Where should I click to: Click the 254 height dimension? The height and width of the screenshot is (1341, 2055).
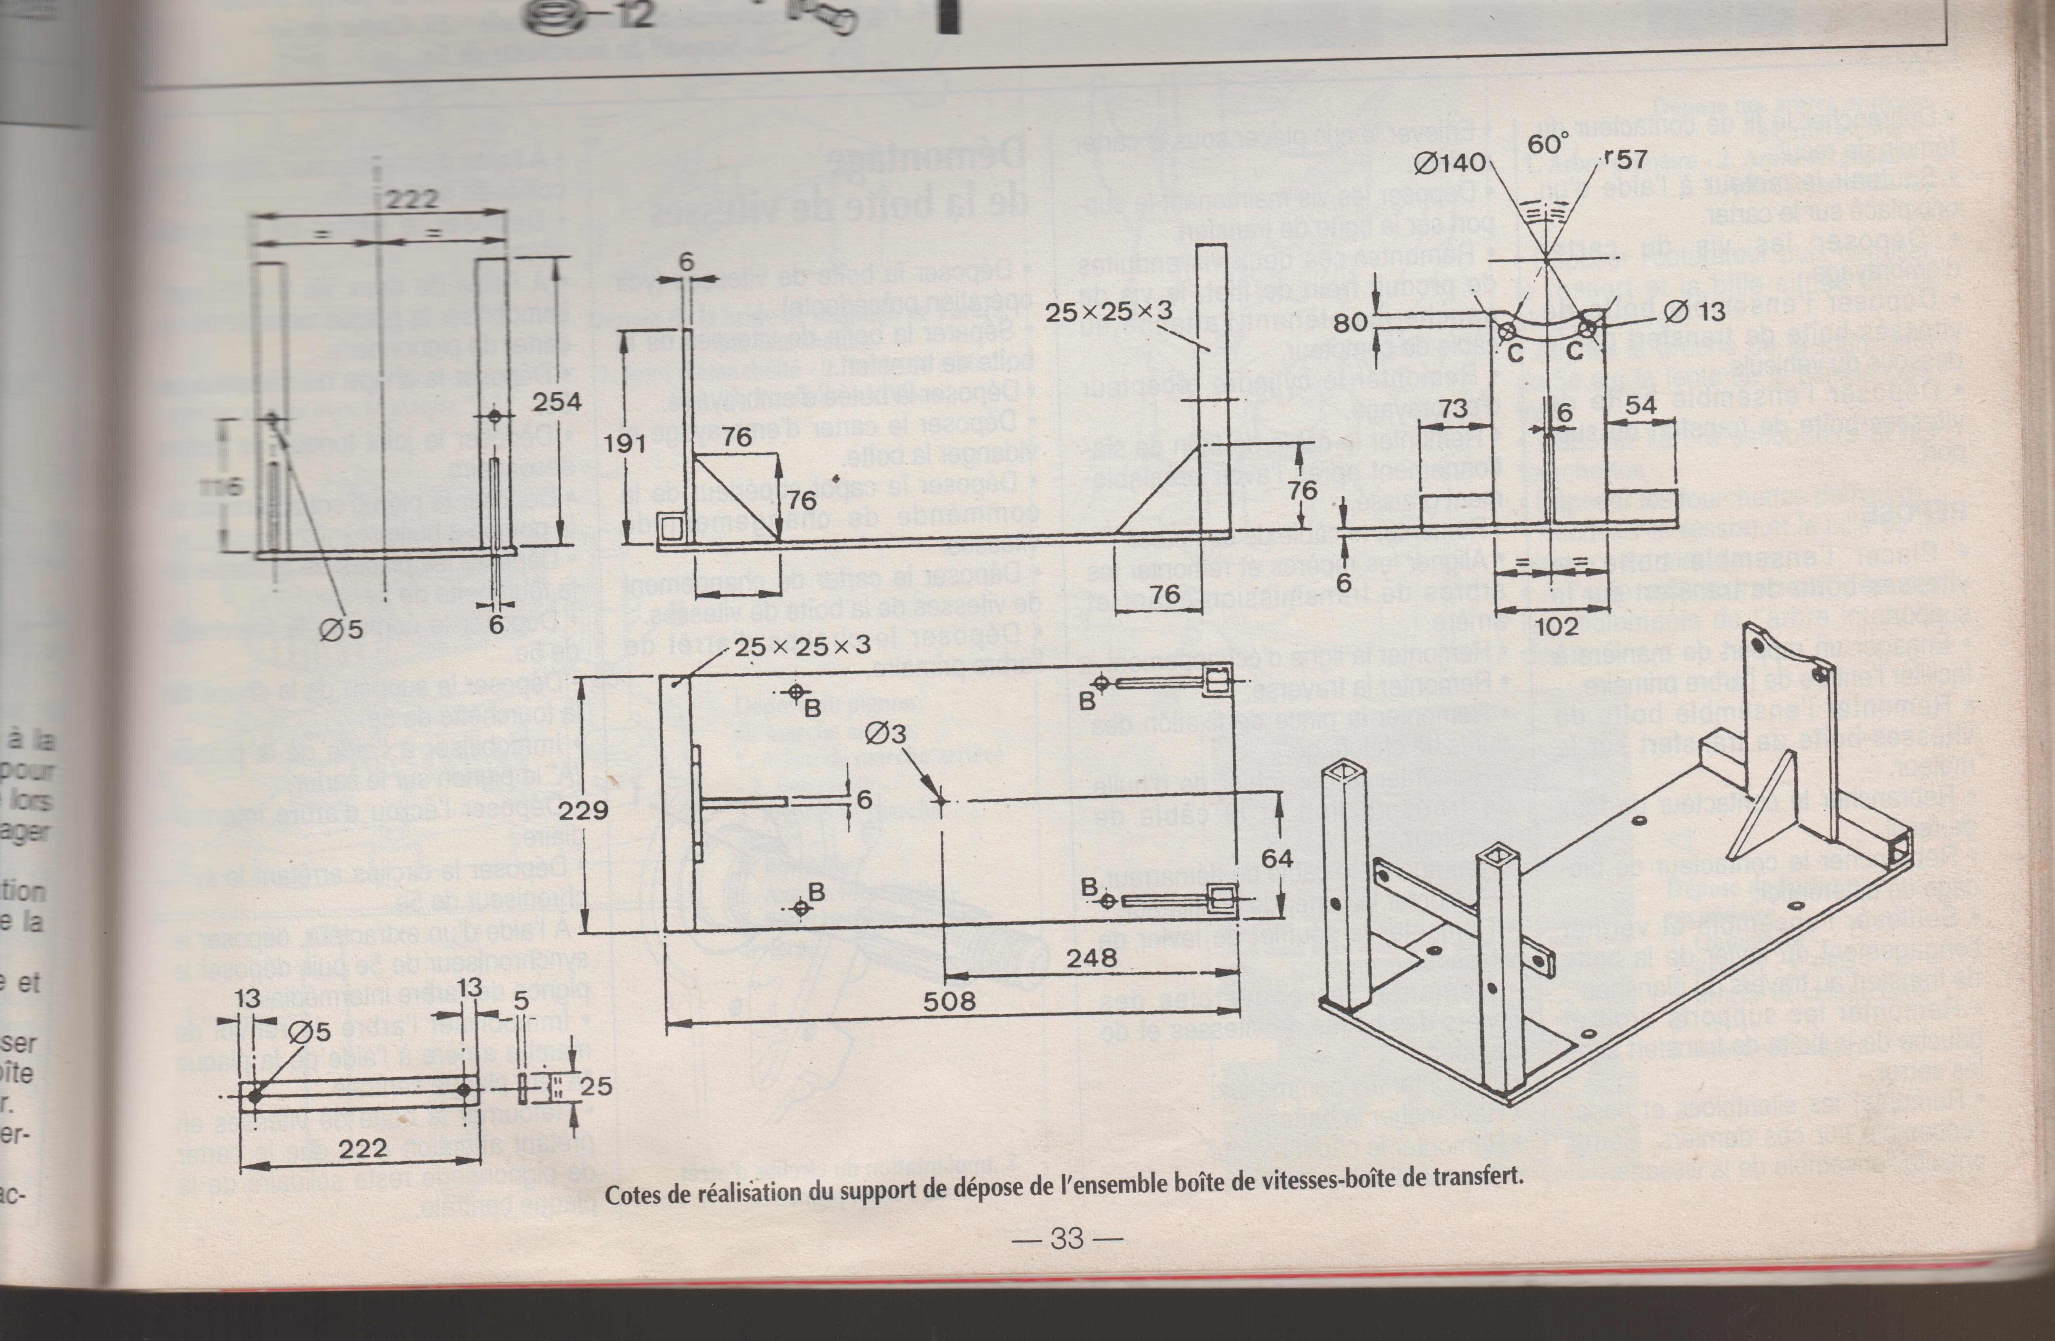[x=556, y=402]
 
